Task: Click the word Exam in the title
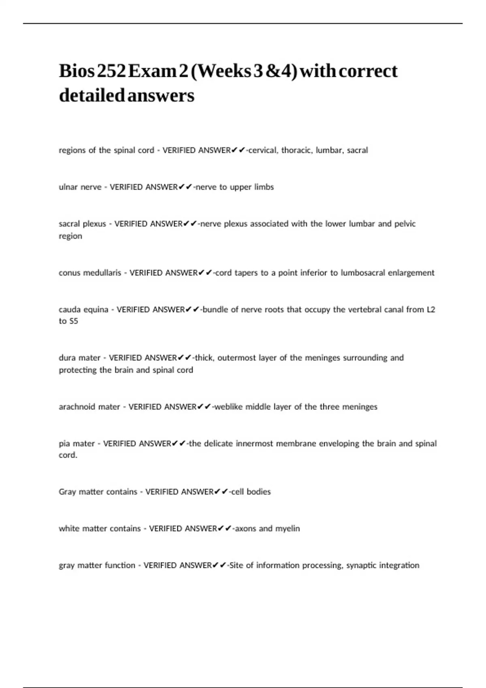point(151,71)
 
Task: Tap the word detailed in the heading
point(92,96)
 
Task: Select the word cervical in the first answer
point(263,150)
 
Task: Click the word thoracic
point(297,150)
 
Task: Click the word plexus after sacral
point(94,224)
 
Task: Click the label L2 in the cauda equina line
point(431,310)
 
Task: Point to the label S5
point(73,321)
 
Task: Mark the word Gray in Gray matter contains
point(67,492)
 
